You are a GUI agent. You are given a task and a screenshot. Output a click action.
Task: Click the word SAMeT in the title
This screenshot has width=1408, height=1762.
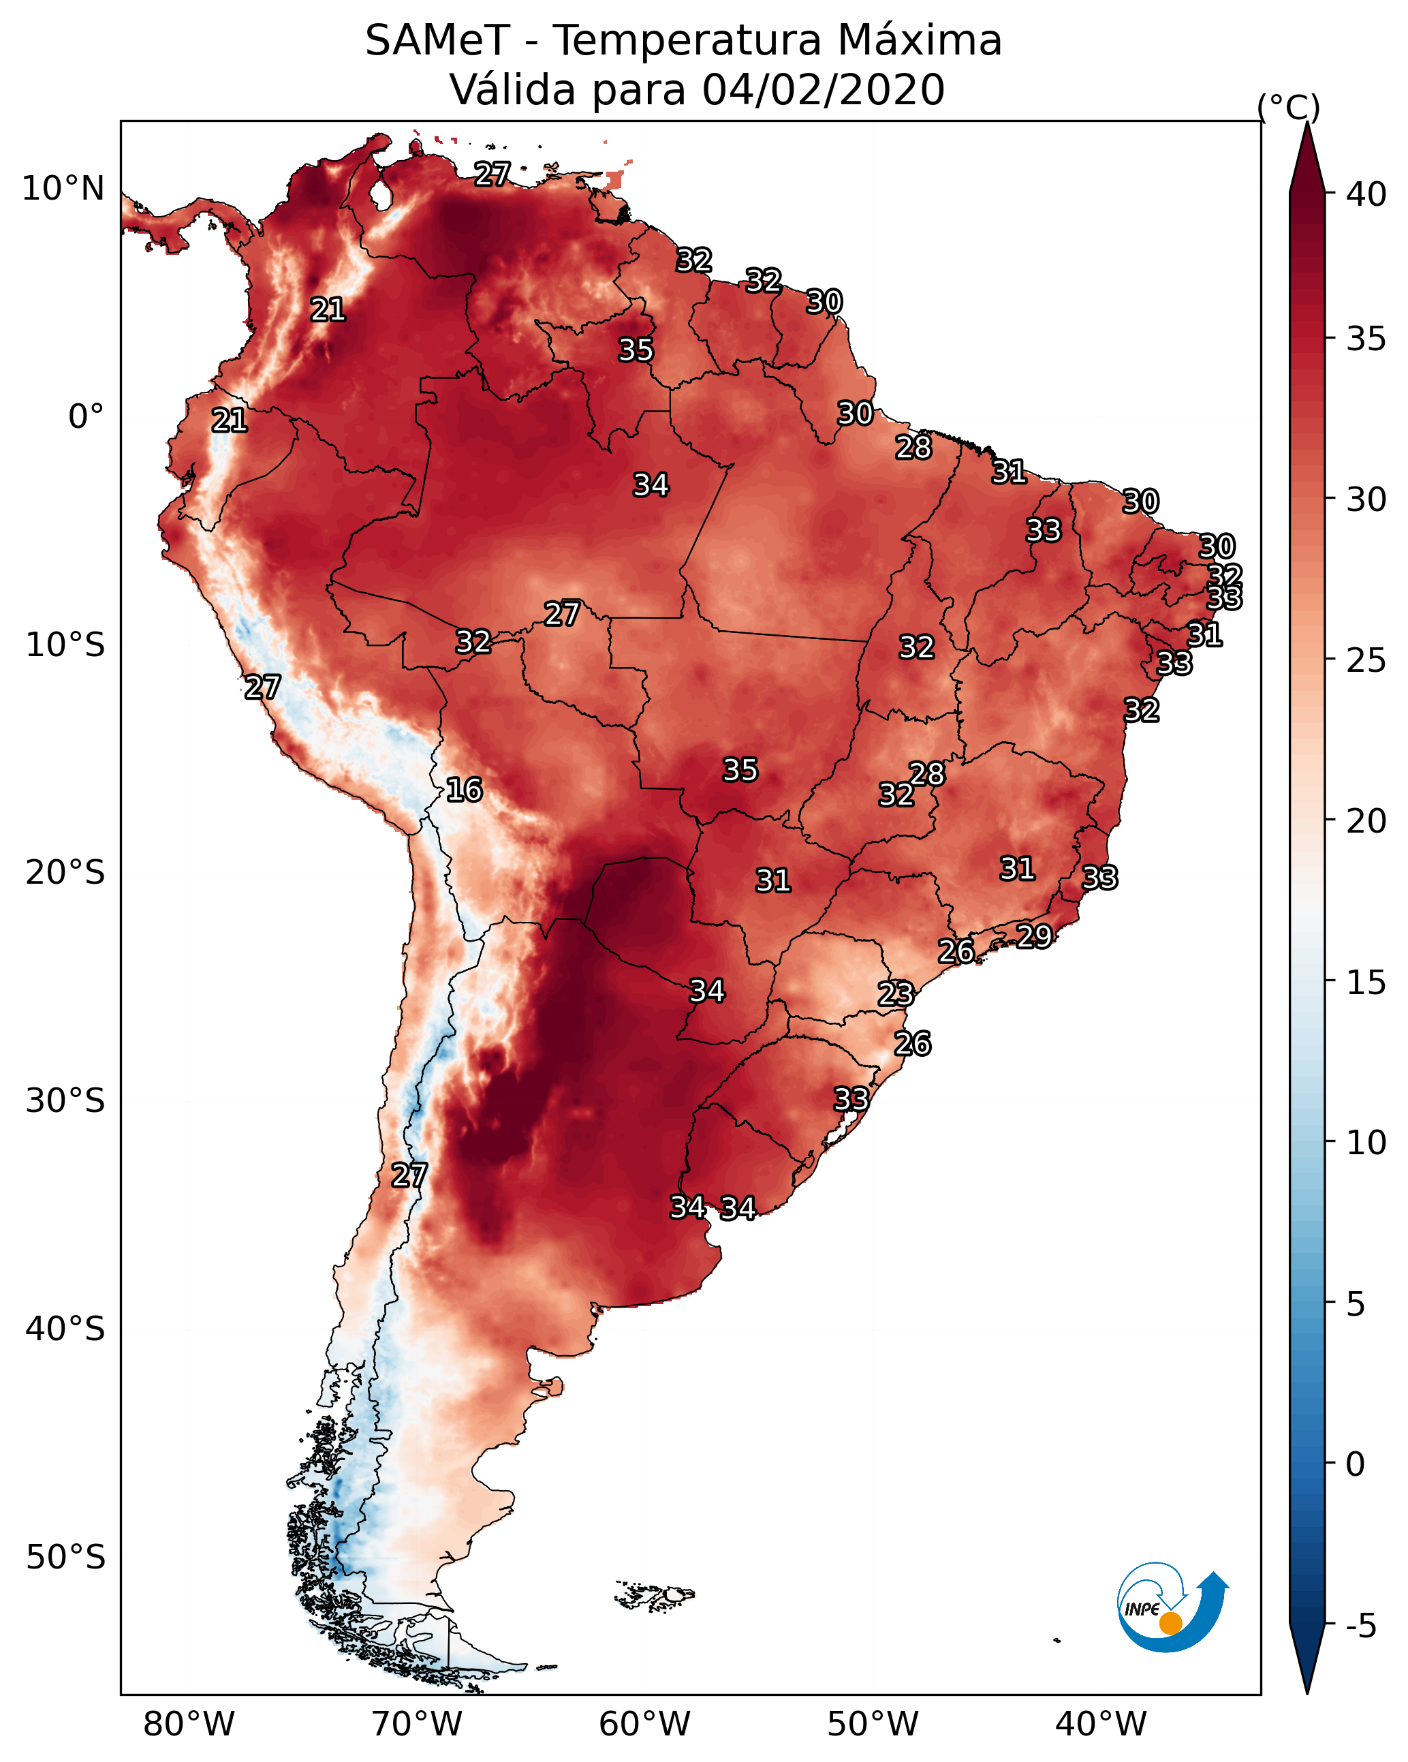point(437,41)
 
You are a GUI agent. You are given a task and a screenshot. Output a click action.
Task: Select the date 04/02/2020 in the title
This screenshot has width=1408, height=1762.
point(823,90)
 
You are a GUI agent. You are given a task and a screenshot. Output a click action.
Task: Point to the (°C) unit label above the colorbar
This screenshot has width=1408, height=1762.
point(1288,107)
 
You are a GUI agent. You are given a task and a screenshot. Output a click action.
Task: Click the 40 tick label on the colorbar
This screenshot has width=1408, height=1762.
point(1366,194)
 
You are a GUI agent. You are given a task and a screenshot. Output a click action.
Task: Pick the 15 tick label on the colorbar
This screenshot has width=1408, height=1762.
point(1366,983)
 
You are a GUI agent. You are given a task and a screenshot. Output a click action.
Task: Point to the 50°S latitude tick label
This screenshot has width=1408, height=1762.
point(65,1558)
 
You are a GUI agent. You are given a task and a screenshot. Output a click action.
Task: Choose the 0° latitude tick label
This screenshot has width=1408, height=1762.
point(86,417)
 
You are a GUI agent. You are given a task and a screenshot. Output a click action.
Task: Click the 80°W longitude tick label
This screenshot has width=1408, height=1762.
point(189,1725)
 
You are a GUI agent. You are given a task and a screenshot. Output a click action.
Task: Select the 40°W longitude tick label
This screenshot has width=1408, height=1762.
point(1101,1725)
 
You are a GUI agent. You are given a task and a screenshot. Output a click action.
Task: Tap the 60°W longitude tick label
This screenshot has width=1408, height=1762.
point(645,1725)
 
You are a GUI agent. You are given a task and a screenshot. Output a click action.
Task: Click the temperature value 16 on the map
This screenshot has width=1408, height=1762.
point(464,790)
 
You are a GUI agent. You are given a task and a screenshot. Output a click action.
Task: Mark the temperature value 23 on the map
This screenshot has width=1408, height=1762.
point(896,994)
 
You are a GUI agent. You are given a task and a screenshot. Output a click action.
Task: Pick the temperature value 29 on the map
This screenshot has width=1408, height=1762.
point(1034,936)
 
